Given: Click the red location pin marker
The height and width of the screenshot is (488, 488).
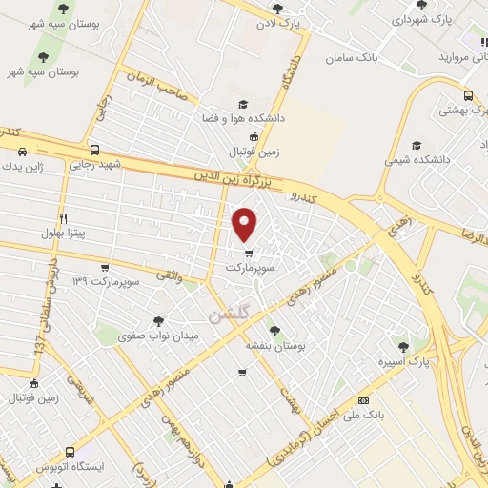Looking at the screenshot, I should pos(246,224).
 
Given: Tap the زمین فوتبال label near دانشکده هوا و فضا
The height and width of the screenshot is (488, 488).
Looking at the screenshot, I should pos(253,152).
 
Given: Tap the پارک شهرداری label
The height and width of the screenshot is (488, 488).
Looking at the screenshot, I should pos(420,18).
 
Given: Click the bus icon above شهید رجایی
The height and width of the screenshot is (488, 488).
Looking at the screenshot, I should pos(93,150).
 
